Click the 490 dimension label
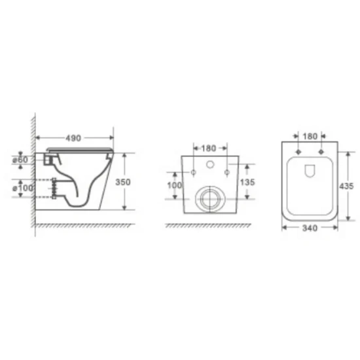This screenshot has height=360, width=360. pos(73,138)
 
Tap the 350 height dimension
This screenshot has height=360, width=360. pos(123,182)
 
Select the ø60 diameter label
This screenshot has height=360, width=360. pos(20,160)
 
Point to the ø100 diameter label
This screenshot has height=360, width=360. pos(23,188)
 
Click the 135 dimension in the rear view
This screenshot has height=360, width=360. pos(247,183)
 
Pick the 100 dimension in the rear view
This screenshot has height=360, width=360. pos(175,185)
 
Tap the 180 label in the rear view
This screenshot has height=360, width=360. pos(209,149)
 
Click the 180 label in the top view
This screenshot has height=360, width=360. pos(310,136)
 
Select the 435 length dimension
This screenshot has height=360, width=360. pos(346,186)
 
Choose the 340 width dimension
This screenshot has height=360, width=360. pos(310,228)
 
